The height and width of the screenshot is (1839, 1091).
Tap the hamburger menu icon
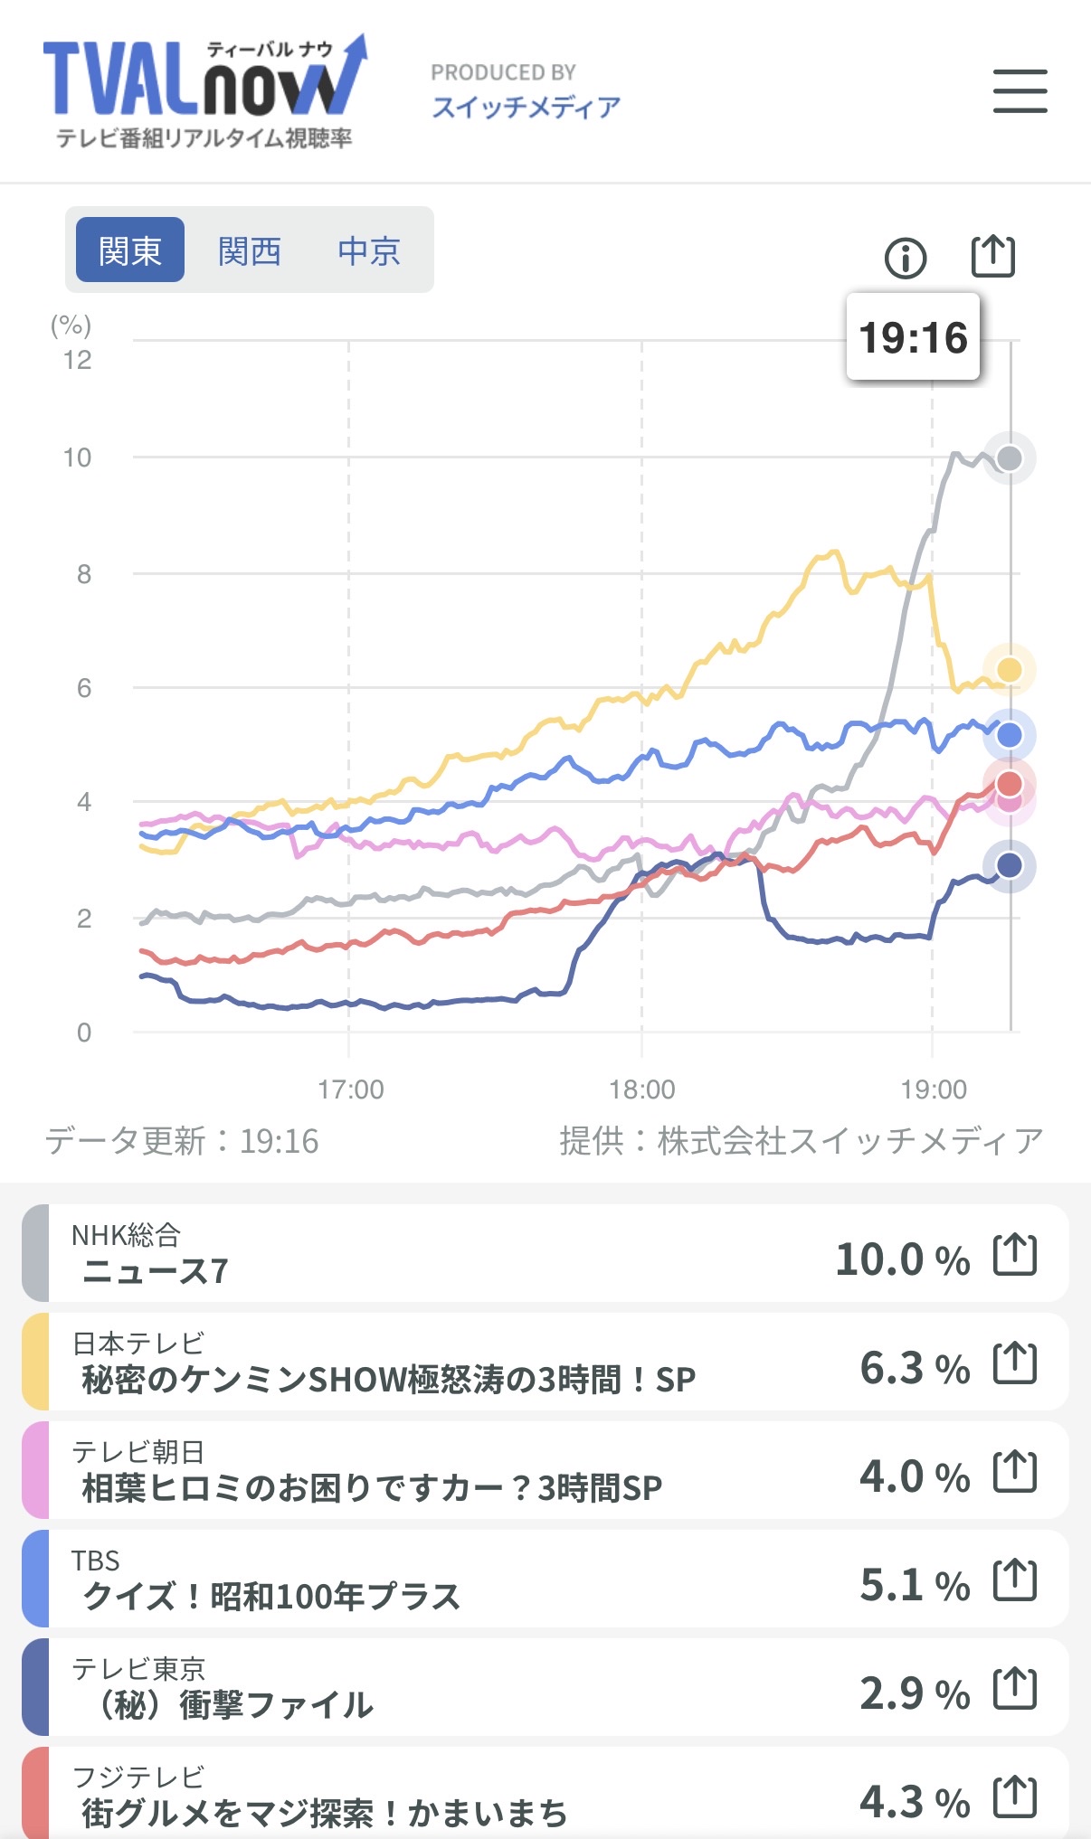[1020, 91]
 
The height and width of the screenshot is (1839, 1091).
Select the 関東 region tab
[130, 250]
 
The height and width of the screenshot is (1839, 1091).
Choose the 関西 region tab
[250, 250]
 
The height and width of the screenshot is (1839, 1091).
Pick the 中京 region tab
[369, 250]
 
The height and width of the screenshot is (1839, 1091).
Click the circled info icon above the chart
[905, 259]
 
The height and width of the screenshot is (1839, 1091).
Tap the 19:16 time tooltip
[913, 337]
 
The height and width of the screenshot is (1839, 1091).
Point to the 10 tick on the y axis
[78, 457]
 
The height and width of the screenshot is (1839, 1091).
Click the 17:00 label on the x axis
[350, 1089]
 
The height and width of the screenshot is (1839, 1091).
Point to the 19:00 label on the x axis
[934, 1089]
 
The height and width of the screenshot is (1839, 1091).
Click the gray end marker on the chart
[1010, 458]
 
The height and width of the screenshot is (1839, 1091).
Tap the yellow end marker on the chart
[1010, 670]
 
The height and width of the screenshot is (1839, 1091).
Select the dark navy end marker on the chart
[1010, 866]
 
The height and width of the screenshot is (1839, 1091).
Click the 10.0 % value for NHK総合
[902, 1259]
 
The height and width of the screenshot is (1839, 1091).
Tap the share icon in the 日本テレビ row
[1015, 1363]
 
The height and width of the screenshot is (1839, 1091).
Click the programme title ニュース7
[155, 1271]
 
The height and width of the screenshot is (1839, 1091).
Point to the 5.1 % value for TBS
[914, 1585]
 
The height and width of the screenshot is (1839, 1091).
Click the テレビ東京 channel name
[138, 1668]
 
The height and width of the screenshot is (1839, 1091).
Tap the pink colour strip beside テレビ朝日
[35, 1470]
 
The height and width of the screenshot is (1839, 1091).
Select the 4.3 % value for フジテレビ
[914, 1802]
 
